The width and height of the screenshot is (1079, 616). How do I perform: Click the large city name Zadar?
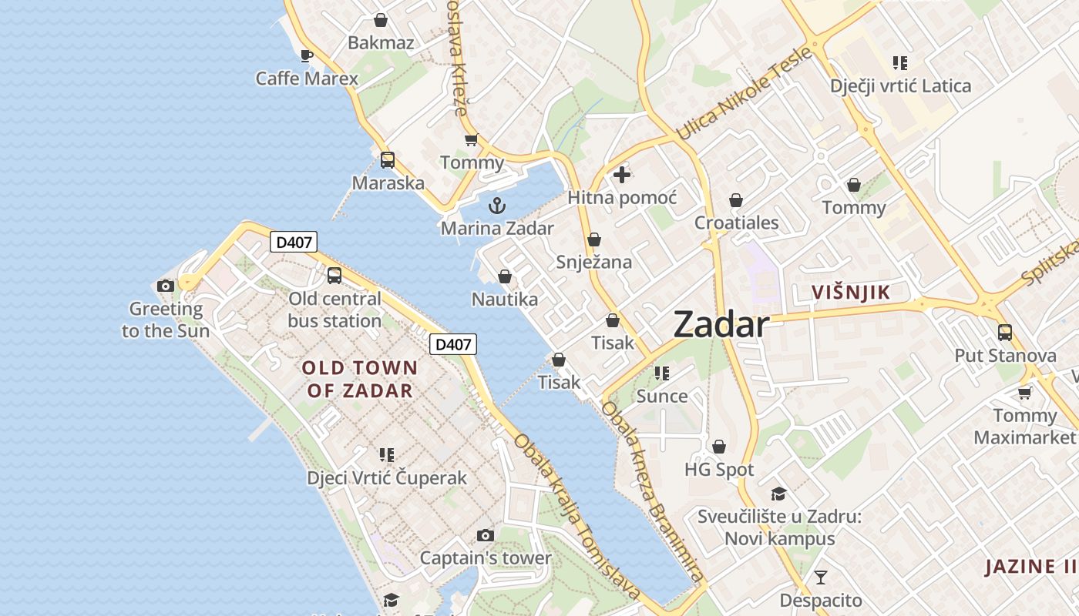click(x=721, y=325)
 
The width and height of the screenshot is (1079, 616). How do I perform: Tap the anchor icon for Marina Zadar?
click(x=497, y=206)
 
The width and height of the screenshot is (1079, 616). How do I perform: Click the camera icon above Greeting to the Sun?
click(x=165, y=286)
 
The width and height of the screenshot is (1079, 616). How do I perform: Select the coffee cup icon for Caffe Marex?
click(x=306, y=55)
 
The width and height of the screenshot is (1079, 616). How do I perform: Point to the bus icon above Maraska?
click(x=388, y=160)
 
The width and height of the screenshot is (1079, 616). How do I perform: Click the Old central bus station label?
click(x=334, y=310)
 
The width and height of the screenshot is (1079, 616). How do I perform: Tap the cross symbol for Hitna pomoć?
click(x=622, y=175)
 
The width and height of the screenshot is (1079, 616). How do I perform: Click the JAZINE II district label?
click(x=1030, y=567)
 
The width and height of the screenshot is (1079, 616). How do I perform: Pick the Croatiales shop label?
click(x=736, y=223)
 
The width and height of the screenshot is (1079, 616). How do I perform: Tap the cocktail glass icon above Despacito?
click(x=821, y=577)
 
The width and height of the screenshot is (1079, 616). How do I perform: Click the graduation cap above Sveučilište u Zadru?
click(x=778, y=494)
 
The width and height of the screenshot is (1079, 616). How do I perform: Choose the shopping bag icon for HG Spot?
click(x=718, y=447)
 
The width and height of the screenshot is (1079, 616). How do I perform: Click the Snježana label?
click(x=593, y=263)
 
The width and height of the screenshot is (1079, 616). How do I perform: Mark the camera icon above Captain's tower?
click(x=485, y=535)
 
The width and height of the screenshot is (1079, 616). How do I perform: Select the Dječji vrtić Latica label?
click(x=900, y=86)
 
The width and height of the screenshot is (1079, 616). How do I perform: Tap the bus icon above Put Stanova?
click(x=1005, y=333)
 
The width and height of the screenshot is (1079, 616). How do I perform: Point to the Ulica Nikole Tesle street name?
click(x=744, y=94)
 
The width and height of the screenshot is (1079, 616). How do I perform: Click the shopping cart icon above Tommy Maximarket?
click(x=1024, y=393)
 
